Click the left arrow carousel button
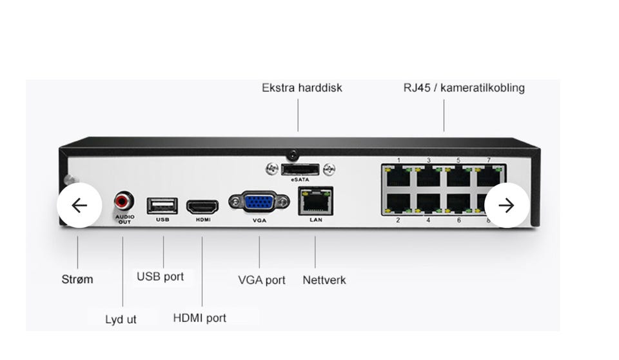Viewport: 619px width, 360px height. (x=79, y=205)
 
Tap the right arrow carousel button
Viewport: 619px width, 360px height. (x=507, y=205)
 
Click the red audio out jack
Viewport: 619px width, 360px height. (x=124, y=201)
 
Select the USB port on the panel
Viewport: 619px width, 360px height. (x=162, y=206)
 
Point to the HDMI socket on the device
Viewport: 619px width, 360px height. (x=202, y=206)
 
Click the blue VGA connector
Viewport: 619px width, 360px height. (x=259, y=203)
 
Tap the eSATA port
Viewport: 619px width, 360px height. (x=300, y=170)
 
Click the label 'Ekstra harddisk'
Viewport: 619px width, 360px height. (x=302, y=88)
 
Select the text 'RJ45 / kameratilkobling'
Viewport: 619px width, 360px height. (x=464, y=88)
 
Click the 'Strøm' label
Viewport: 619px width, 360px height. (x=77, y=279)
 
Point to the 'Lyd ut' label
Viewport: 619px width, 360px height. (x=121, y=319)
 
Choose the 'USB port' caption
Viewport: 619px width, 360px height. (x=160, y=277)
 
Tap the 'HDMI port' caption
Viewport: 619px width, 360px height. (x=199, y=317)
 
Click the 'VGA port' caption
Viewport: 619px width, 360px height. (x=261, y=280)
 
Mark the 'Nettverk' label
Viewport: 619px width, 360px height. (x=324, y=280)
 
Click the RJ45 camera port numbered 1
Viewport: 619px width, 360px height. (x=398, y=175)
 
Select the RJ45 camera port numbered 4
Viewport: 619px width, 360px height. (x=428, y=202)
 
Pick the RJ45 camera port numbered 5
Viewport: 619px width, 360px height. (x=458, y=175)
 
